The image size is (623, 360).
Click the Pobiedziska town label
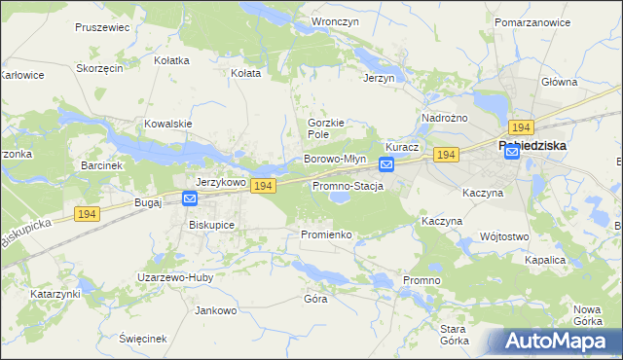coord(532,146)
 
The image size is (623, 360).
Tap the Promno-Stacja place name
coord(347,186)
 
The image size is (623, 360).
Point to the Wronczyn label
coord(331,20)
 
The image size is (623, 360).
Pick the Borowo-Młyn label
coord(335,159)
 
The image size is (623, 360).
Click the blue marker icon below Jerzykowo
coord(190,198)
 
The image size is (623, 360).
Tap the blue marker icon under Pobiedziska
coord(512,152)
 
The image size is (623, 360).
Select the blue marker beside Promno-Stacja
coord(386,166)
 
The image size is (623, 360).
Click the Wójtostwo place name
coord(504,236)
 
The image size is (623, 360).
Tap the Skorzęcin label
coord(99,69)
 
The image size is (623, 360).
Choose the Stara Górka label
coord(454,335)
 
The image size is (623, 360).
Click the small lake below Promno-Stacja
coord(340,198)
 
